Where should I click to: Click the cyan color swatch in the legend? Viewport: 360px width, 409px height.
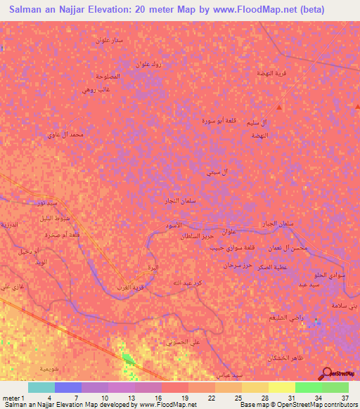click(41, 387)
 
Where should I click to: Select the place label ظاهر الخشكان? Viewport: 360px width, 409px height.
click(285, 359)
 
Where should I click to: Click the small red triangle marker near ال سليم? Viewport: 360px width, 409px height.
click(279, 108)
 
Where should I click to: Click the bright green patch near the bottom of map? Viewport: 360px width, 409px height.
click(129, 359)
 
